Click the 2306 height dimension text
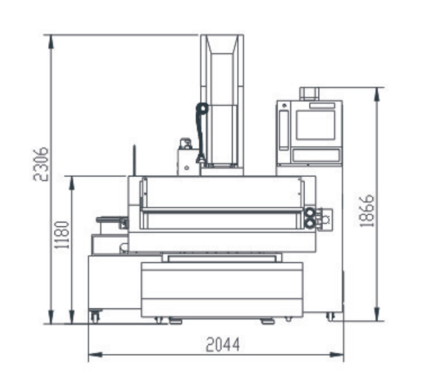[x=40, y=164]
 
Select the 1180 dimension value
[x=62, y=235]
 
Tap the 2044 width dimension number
[x=223, y=344]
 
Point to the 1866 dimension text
[x=367, y=211]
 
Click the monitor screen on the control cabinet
[x=315, y=125]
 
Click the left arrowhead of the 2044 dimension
[x=95, y=355]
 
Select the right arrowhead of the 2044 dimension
[x=336, y=355]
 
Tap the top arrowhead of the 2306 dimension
[x=51, y=42]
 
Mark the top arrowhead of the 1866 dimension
[x=377, y=94]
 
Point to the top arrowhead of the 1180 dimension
[x=72, y=183]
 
